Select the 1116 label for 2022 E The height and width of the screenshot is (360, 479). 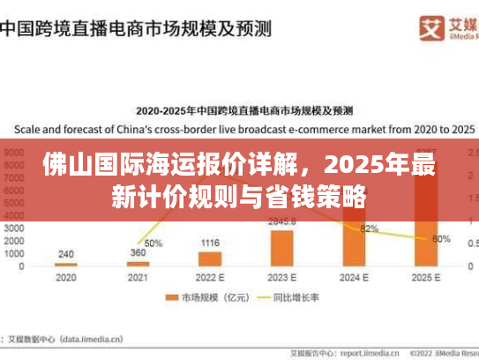pos(210,243)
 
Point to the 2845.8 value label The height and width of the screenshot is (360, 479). pos(282,221)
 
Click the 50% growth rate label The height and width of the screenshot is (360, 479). pos(153,243)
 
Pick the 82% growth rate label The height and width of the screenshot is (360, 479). pos(369,229)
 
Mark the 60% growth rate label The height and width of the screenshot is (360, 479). pos(441,238)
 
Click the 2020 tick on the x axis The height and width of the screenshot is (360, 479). pos(66,276)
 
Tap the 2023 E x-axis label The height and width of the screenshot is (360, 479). pos(282,276)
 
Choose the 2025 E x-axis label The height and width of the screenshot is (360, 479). pos(426,276)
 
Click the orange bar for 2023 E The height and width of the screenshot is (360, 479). pos(282,247)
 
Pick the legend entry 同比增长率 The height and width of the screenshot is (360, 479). pos(290,298)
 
